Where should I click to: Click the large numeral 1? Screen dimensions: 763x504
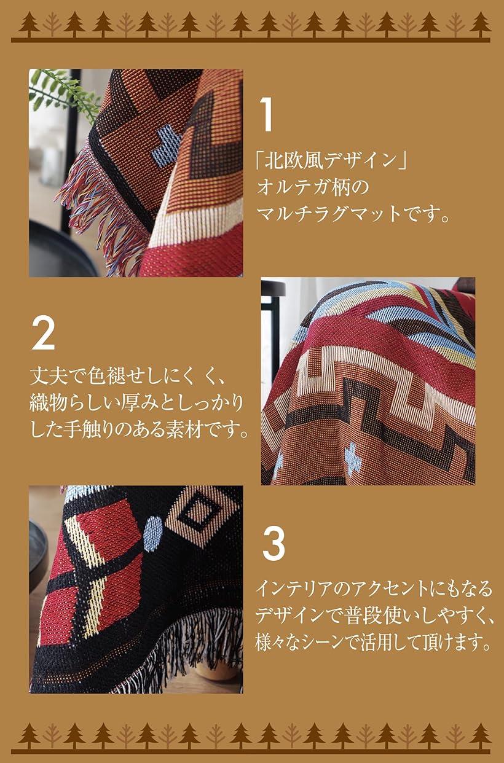[x=266, y=115]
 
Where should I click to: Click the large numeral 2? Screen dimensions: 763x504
[x=43, y=334]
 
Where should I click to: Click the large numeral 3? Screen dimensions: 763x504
[x=274, y=542]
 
